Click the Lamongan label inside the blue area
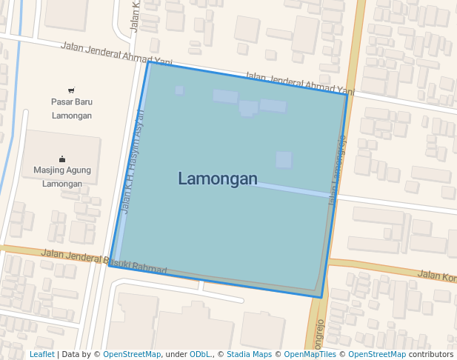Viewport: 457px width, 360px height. tap(218, 179)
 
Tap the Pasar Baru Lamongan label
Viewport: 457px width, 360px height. tap(72, 108)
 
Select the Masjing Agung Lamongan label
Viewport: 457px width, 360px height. tap(62, 176)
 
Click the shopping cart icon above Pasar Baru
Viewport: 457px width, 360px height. tap(71, 90)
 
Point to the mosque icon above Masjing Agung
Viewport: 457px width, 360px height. tap(61, 159)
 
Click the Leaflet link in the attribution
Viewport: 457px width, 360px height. tap(41, 354)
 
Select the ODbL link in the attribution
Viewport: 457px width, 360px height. tap(199, 354)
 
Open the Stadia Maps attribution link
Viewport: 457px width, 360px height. tap(249, 354)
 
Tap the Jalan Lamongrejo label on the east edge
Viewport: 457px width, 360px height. tap(337, 167)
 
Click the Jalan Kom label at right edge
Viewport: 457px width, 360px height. tap(436, 275)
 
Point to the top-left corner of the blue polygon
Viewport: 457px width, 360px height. tap(149, 61)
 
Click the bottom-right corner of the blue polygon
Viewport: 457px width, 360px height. tap(321, 298)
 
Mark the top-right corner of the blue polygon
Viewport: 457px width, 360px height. tap(347, 93)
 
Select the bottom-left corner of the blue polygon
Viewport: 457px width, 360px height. tap(109, 265)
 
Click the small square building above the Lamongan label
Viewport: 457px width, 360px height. tap(284, 159)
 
